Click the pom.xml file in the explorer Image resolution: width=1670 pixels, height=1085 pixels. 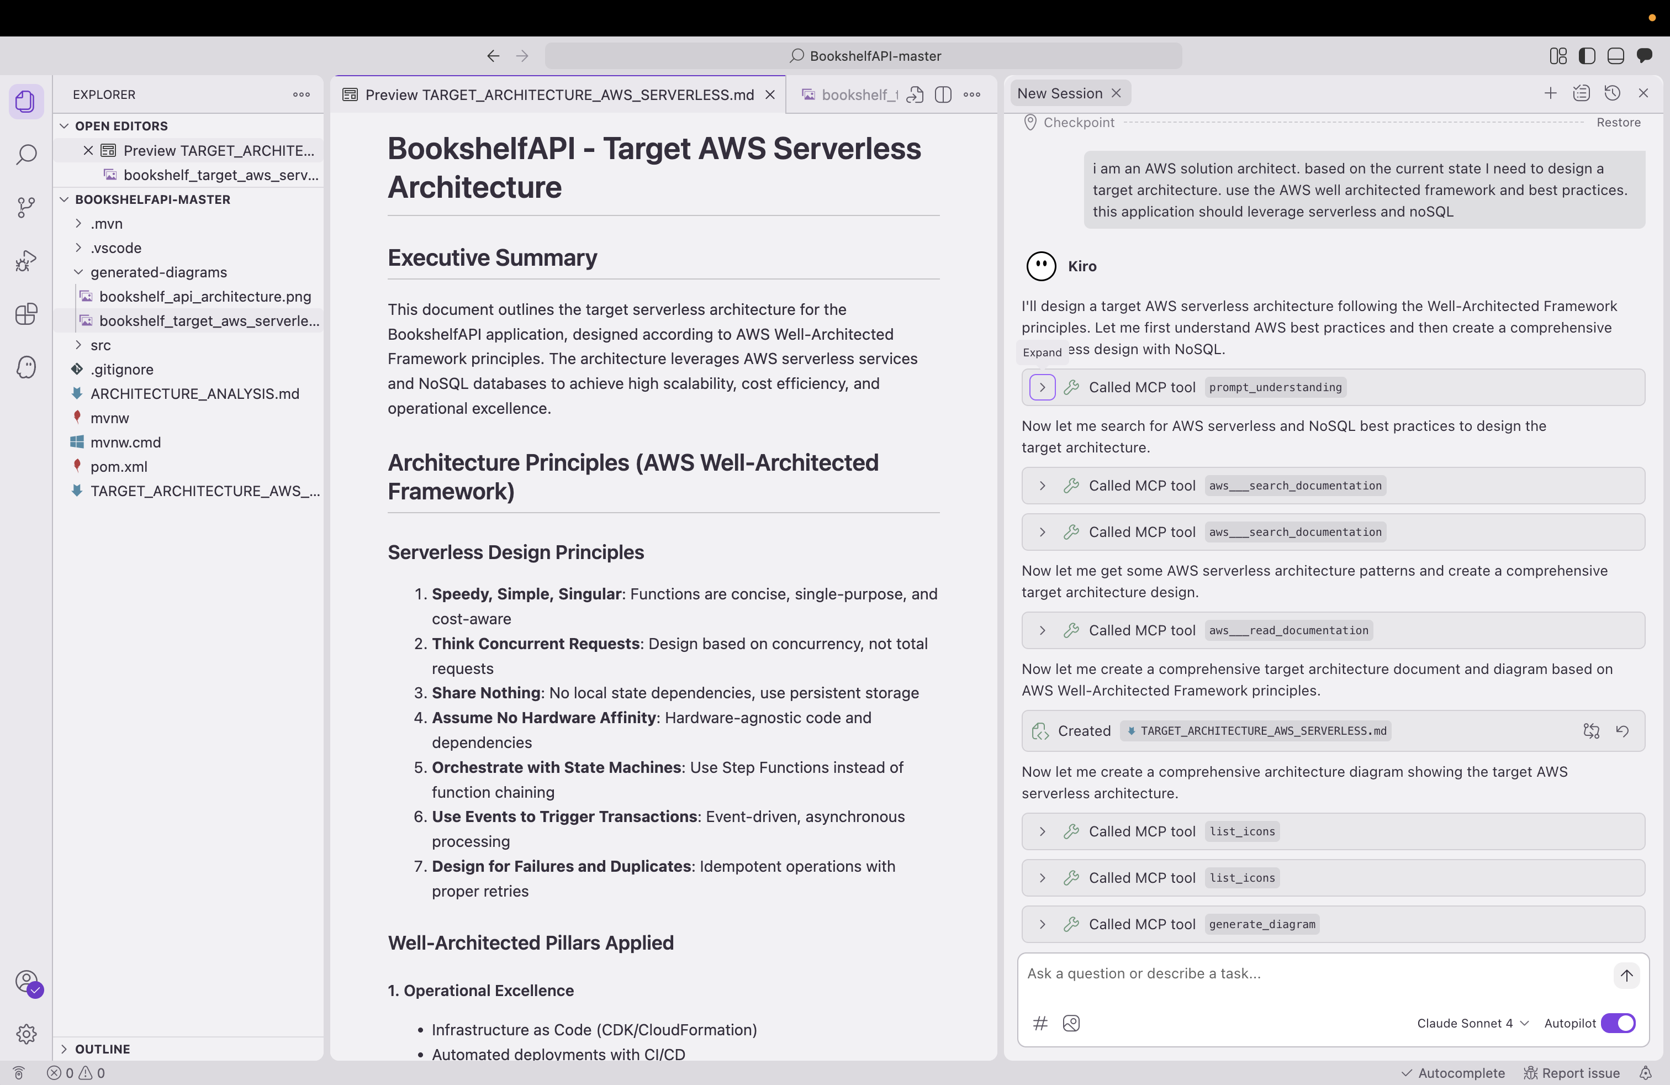coord(119,467)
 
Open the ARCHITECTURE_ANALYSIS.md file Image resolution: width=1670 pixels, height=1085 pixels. coord(194,394)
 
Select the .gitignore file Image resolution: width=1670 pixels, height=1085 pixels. coord(121,369)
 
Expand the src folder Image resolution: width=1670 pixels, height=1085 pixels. coord(101,345)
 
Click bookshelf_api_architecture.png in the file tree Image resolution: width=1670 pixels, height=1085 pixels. coord(205,296)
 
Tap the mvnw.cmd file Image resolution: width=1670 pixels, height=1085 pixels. coord(125,442)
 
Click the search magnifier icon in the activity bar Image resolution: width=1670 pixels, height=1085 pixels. coord(26,154)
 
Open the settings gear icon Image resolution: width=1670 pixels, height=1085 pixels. coord(26,1033)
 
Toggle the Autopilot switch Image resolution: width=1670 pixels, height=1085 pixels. coord(1618,1023)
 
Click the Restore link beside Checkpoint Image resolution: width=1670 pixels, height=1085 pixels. coord(1618,122)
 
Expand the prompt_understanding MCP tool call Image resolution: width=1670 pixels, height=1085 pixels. coord(1042,387)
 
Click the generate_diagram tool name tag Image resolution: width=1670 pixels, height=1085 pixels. coord(1262,924)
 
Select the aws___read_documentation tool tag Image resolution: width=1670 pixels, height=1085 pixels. coord(1288,630)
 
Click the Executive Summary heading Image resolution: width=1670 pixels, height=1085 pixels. coord(492,257)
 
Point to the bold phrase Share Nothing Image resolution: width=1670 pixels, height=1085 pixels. coord(485,693)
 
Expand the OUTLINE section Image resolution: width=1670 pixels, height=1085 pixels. coord(103,1049)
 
